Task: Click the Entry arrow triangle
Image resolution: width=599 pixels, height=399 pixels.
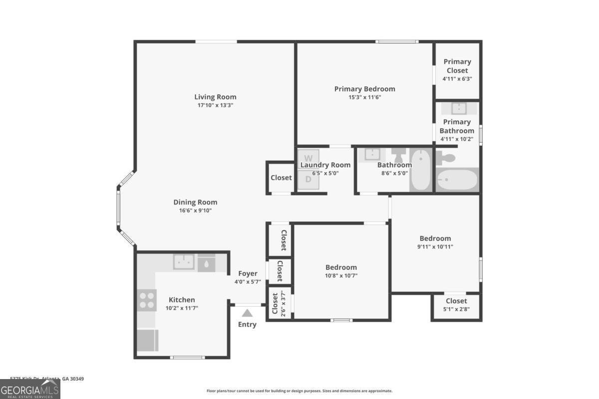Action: (247, 313)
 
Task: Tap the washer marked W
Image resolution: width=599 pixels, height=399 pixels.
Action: (308, 159)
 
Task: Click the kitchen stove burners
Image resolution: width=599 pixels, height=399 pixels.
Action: (147, 300)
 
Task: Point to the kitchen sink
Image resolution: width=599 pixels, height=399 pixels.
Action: (184, 262)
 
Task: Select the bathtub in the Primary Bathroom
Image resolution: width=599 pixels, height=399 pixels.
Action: (457, 180)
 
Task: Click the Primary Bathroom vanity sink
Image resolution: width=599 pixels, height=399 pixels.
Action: (458, 109)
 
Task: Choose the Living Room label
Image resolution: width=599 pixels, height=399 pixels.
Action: (215, 97)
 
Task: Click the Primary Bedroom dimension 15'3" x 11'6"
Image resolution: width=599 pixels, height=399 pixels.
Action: (364, 97)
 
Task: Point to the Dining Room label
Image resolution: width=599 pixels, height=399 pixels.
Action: (195, 202)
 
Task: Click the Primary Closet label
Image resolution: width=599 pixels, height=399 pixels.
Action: (457, 66)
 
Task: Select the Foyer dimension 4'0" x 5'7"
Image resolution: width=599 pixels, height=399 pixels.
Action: (248, 282)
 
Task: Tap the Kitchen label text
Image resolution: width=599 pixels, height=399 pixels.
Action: (182, 300)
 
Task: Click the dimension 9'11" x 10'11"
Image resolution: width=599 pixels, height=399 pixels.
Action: (435, 246)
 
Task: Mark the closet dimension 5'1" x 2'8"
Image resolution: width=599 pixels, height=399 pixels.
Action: (456, 309)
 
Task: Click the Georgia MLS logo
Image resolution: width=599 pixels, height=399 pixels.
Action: (30, 389)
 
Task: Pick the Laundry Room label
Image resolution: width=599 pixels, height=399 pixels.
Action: (325, 165)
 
